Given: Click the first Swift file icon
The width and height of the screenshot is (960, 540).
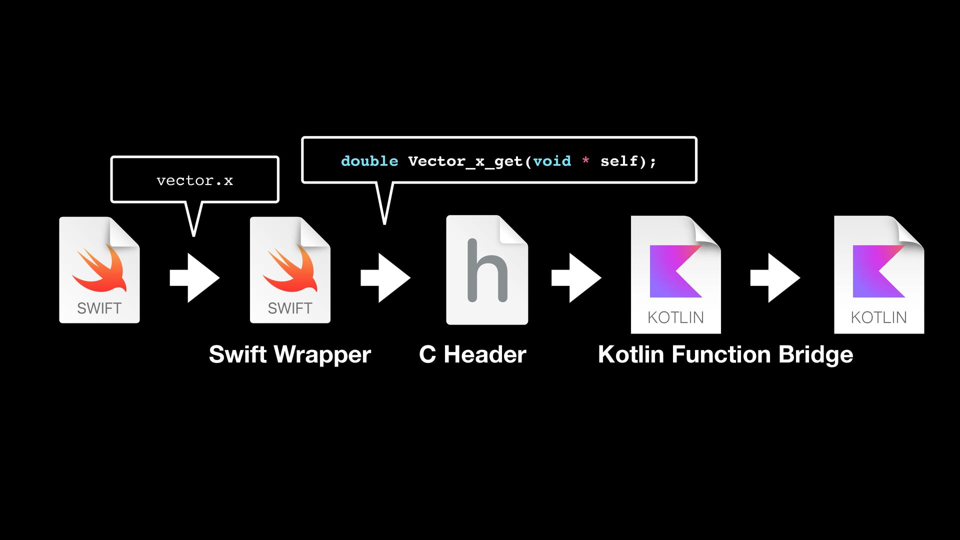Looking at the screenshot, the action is point(99,270).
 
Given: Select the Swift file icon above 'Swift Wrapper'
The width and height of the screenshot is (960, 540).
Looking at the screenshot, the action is point(290,270).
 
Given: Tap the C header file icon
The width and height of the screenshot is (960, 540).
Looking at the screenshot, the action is point(486,270).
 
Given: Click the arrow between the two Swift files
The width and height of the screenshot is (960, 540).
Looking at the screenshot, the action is point(195,277).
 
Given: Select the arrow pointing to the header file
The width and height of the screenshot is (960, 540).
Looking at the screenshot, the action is point(385,277).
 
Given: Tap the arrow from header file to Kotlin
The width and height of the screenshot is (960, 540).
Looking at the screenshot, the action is point(576,277).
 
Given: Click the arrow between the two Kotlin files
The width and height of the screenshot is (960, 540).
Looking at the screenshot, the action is point(775,277).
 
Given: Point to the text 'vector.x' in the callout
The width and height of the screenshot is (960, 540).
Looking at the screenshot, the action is point(194,180).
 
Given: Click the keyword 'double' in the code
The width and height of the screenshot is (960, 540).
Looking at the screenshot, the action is point(369,161).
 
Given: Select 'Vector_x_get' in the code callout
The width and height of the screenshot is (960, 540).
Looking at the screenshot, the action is point(465,161).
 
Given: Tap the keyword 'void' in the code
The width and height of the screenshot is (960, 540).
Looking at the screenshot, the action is point(551,161).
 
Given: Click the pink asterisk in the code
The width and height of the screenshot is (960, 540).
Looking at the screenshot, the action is point(585,160).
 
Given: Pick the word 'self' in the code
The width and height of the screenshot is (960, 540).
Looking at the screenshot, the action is point(619,161).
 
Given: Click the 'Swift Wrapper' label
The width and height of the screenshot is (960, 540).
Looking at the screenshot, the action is point(290,354).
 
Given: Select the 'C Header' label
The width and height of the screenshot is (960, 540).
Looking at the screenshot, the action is point(472,354).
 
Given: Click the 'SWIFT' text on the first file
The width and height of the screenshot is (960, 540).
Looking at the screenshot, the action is point(99,308).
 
